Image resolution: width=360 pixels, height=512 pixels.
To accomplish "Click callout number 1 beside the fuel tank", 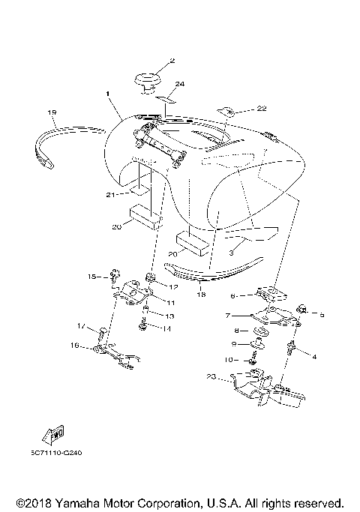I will pos(107,94).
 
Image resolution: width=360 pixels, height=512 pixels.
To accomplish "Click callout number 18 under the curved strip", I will pos(200,295).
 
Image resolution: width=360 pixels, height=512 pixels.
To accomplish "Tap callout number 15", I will pos(92,277).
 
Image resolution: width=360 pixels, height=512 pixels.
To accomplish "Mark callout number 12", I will pos(172,286).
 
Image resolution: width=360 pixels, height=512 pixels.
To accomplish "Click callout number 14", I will pos(166,328).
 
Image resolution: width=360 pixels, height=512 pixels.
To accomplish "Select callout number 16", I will pos(74,346).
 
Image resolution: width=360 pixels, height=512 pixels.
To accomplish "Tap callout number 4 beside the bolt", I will pos(314,358).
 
